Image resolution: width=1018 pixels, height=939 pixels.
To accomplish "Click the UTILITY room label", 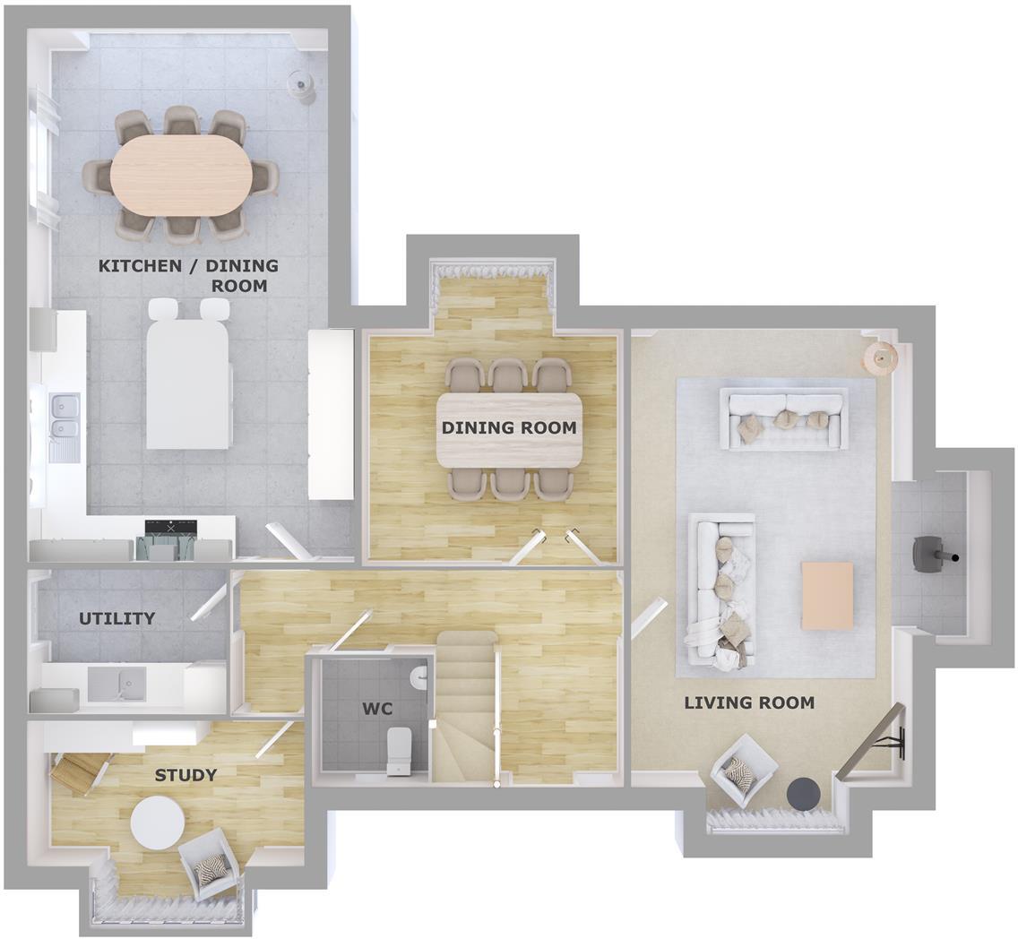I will [116, 618].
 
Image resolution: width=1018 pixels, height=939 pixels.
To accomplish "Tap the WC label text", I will [376, 710].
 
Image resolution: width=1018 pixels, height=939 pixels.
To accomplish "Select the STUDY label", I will [185, 775].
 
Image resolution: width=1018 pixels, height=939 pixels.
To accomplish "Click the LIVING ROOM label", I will [749, 702].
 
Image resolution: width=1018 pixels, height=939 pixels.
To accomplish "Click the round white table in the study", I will [158, 823].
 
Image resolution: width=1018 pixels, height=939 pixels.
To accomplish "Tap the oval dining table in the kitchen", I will [183, 174].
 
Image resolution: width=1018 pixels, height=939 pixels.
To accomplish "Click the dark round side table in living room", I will [803, 793].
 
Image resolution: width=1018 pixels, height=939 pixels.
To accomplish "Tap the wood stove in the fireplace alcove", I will [928, 553].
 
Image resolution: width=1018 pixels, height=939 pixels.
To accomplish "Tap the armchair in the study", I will [211, 863].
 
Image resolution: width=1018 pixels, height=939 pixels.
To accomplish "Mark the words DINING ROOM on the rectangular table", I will [508, 428].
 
